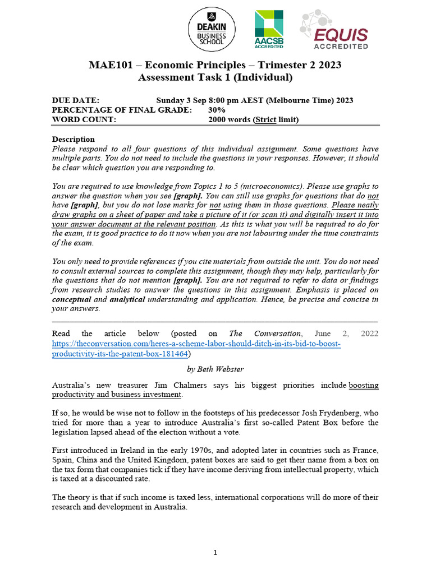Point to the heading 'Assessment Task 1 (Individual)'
(215, 77)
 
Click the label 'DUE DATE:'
(76, 100)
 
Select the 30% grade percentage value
(217, 110)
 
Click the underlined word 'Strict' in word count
(265, 119)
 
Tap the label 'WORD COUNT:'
(84, 119)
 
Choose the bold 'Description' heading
(74, 139)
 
